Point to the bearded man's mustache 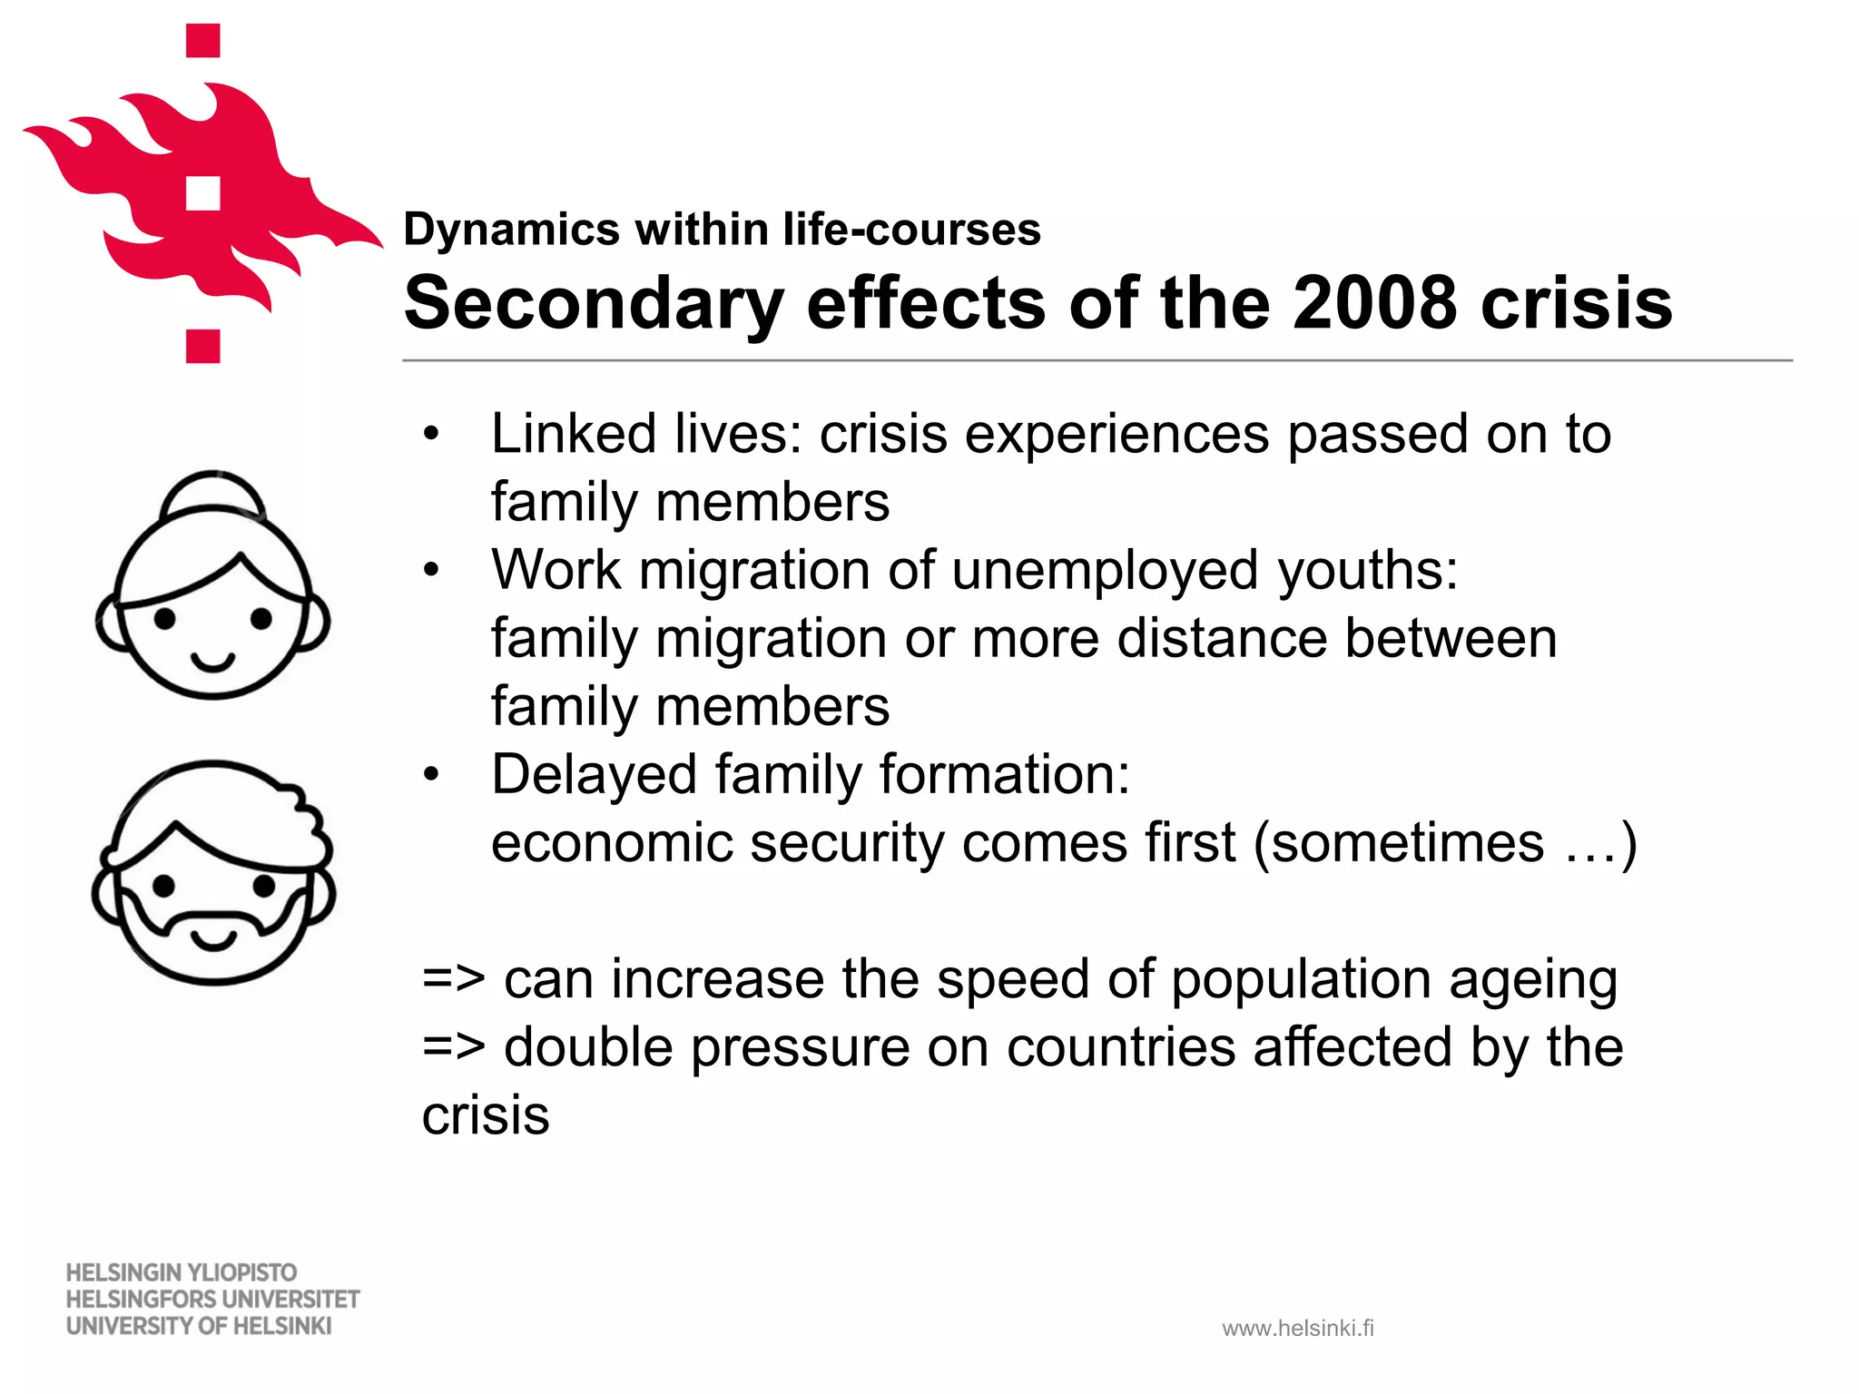[x=214, y=917]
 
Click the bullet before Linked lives [x=431, y=435]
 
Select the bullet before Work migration [x=431, y=571]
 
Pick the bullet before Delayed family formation [x=431, y=775]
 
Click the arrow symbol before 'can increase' [x=454, y=980]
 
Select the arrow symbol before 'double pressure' [x=454, y=1048]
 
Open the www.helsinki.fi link [x=1298, y=1329]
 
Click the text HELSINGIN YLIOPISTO [x=182, y=1272]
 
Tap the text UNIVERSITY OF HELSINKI [x=199, y=1326]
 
